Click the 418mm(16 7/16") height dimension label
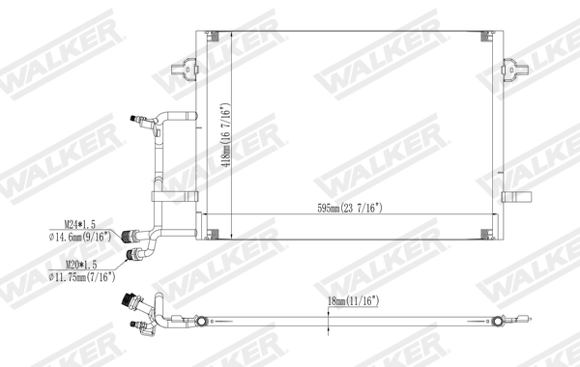click(223, 136)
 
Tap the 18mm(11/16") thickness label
click(352, 301)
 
